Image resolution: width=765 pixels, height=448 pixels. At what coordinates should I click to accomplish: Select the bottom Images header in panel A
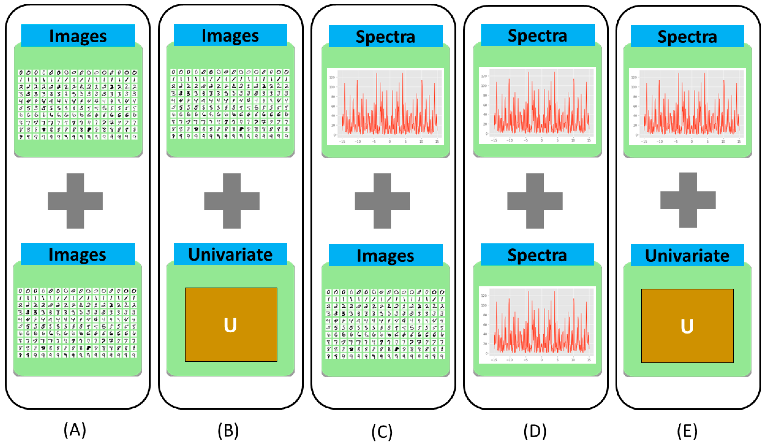click(77, 254)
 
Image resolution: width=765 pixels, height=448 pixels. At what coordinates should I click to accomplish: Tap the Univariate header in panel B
click(230, 254)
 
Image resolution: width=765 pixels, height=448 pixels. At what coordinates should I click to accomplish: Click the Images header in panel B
click(230, 35)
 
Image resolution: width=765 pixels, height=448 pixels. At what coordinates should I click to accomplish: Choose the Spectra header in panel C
click(386, 36)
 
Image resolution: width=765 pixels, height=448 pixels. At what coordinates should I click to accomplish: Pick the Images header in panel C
click(386, 255)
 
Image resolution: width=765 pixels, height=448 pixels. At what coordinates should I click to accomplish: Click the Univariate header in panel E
click(687, 255)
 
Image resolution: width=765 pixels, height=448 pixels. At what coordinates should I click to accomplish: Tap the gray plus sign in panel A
click(75, 201)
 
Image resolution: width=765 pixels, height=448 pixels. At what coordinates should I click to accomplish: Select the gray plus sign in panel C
click(383, 201)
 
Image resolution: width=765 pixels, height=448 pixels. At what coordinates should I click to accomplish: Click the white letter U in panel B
click(230, 325)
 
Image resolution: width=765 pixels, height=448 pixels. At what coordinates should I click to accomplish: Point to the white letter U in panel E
click(687, 326)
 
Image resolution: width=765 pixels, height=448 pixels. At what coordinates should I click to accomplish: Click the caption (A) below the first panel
click(75, 430)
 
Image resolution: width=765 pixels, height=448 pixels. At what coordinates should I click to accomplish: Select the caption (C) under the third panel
click(382, 432)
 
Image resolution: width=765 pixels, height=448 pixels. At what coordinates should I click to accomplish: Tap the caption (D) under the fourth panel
click(535, 431)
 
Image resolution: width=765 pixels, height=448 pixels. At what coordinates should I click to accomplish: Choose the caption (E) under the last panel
click(687, 431)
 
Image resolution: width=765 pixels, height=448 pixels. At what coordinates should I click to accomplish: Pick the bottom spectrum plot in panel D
click(537, 325)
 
